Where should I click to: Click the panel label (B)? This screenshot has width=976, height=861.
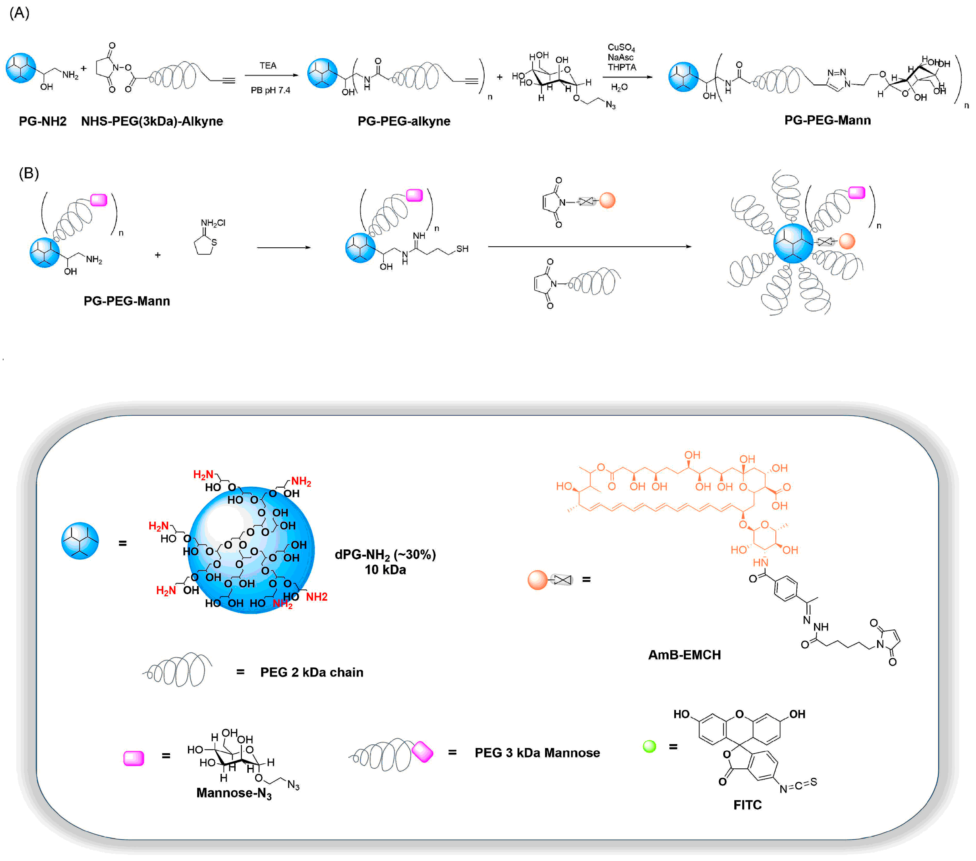click(29, 173)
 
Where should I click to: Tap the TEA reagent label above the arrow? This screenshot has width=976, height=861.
click(268, 66)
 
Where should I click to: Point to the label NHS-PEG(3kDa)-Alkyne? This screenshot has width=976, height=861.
click(152, 121)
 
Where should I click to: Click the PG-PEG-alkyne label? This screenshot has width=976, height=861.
click(404, 121)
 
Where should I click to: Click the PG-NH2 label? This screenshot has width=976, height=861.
click(43, 121)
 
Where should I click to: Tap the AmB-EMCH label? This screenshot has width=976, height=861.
click(684, 655)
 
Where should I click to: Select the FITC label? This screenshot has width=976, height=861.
click(747, 805)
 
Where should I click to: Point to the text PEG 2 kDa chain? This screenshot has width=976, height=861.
click(311, 672)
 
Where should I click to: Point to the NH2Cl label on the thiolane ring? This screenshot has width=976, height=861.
click(213, 223)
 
